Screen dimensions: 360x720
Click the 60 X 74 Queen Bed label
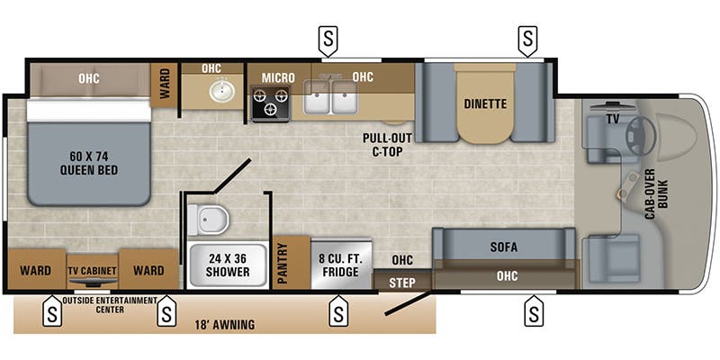coord(88,161)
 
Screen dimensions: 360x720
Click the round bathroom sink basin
coord(217,90)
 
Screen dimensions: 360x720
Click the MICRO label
coord(278,77)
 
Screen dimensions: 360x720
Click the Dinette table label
coord(485,103)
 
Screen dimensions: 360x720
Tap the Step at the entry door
coord(402,282)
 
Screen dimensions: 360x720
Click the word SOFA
coord(503,247)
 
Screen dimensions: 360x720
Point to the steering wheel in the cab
coord(641,134)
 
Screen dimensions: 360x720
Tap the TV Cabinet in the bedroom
coord(94,270)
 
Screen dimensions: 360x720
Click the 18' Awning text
coord(224,324)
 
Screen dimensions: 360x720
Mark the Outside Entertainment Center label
coord(110,304)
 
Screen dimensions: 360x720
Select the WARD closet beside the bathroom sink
coord(165,85)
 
